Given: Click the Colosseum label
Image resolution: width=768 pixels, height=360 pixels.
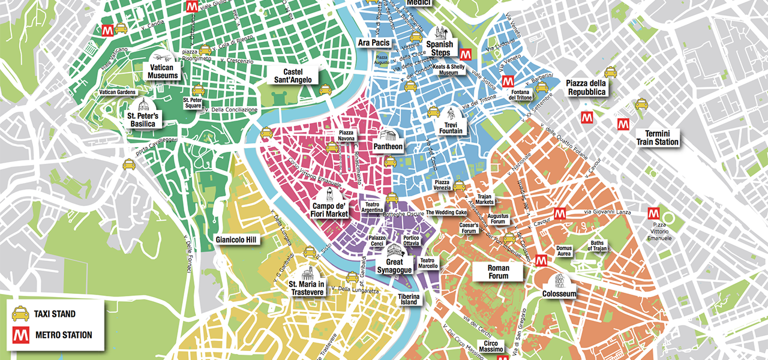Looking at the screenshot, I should point(559,294).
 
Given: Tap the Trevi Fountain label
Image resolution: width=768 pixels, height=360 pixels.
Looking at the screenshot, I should point(451,127).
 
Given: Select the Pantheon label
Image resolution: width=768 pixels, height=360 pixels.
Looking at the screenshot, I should point(388,146).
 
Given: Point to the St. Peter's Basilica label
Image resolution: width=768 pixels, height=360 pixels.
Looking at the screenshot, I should point(142,119).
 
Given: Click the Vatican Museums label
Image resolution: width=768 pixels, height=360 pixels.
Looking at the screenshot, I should point(163,72).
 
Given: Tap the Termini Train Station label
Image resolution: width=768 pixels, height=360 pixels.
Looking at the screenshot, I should point(658,138).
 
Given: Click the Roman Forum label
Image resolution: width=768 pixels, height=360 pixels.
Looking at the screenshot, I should point(498,272).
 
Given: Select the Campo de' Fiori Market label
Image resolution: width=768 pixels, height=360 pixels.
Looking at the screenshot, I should point(329,210).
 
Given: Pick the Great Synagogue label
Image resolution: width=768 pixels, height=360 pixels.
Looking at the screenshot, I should point(394,266).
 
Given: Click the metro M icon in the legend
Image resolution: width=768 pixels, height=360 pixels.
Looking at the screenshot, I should point(20,334).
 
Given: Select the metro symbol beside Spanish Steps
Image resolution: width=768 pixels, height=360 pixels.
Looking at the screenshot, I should point(465,53).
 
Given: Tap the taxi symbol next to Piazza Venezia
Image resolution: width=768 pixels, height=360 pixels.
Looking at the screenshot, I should point(459,185).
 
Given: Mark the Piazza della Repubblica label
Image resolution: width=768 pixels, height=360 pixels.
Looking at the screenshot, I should point(586,88).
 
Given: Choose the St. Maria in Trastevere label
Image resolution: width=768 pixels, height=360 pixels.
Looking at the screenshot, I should point(307,288).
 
